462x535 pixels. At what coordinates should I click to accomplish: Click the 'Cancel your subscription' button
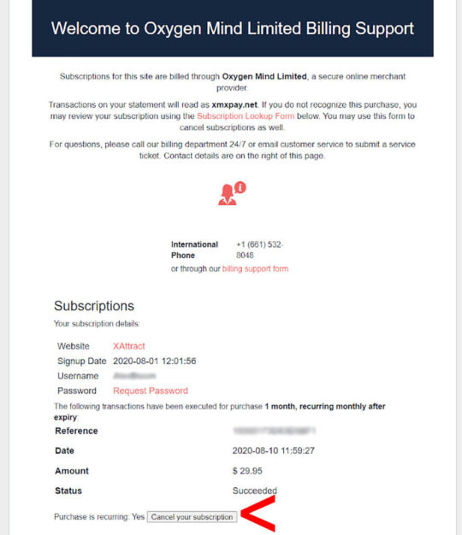click(x=192, y=517)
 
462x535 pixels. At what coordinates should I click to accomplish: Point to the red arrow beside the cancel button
click(x=258, y=514)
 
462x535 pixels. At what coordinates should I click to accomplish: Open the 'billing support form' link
click(x=255, y=268)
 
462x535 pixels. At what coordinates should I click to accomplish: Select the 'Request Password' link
click(x=151, y=391)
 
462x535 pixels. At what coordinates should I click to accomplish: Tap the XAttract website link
click(x=129, y=346)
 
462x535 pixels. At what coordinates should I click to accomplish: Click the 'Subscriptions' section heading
click(x=94, y=306)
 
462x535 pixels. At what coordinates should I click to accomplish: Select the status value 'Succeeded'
click(x=255, y=491)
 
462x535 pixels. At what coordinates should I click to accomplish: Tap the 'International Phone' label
click(x=194, y=250)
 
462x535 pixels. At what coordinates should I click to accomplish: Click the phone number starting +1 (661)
click(x=259, y=250)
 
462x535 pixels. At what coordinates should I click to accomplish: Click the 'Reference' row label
click(x=76, y=431)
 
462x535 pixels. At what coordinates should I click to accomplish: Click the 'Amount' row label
click(x=72, y=471)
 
